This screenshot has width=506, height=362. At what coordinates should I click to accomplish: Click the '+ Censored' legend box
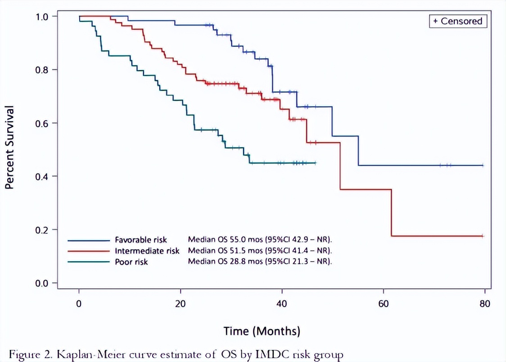coord(458,21)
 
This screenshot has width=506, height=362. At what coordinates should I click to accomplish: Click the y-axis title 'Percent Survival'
coord(9,147)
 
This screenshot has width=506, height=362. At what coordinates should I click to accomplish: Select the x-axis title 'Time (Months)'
coord(262,332)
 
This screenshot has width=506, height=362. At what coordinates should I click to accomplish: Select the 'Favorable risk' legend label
coord(140,240)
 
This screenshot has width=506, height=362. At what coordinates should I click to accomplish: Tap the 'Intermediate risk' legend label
coord(147,251)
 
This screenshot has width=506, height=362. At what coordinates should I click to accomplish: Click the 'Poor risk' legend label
coord(131,262)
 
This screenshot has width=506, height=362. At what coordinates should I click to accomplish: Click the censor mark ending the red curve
coord(483,236)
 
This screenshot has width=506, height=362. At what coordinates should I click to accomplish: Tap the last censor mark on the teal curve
coord(315,163)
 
